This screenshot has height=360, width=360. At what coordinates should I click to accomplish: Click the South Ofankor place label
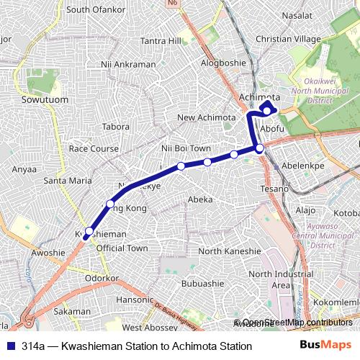coord(96,10)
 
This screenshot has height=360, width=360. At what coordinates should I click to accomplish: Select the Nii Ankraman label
coord(129,64)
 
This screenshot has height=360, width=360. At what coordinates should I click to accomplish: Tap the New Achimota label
coord(207,117)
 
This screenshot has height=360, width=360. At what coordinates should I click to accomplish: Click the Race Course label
coord(93,148)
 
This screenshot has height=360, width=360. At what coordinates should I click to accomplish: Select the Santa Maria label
coord(66,180)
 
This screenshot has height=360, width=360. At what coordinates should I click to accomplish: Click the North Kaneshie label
coord(229,251)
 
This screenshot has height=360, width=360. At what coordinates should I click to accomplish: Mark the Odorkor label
coord(102,277)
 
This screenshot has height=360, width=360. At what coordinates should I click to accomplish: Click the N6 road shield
coord(192,4)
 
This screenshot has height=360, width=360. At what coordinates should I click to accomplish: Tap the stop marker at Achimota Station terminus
coord(267,110)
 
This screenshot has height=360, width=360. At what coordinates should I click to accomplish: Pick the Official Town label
coord(121,248)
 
